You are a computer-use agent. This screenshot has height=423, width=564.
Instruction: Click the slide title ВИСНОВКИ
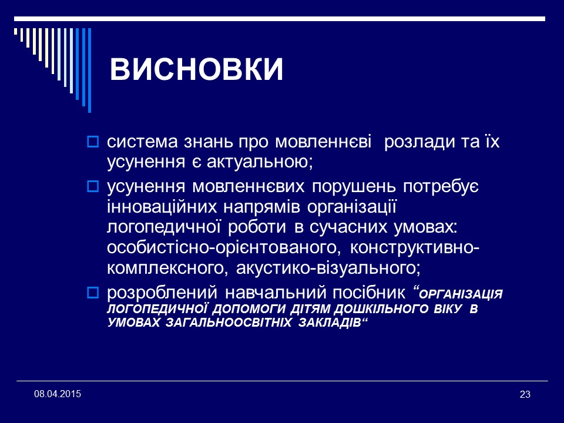pyautogui.click(x=196, y=70)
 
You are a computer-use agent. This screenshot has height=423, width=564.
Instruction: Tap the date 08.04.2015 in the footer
pyautogui.click(x=58, y=392)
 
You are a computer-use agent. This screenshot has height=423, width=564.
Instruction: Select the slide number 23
pyautogui.click(x=525, y=394)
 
